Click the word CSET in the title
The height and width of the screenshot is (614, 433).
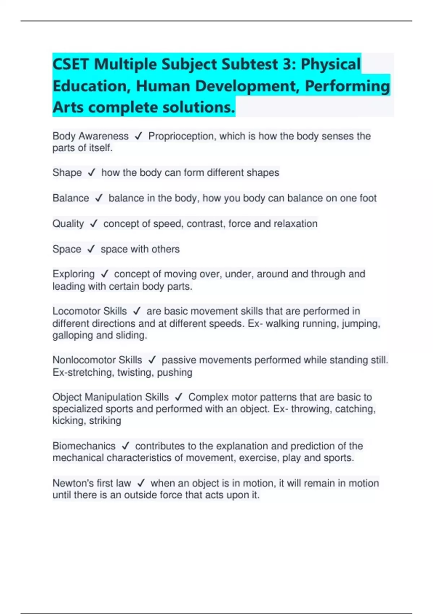click(71, 64)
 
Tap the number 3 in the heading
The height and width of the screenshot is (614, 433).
click(287, 64)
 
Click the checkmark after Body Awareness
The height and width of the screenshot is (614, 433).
click(138, 136)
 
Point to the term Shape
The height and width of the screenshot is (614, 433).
click(67, 173)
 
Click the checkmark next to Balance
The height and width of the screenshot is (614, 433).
click(99, 198)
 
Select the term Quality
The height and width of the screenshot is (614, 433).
click(68, 224)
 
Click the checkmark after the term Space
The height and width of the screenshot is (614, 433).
click(91, 249)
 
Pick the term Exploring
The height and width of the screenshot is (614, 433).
click(74, 274)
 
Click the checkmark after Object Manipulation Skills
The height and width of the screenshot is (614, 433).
click(179, 397)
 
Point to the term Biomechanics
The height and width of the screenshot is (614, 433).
click(84, 446)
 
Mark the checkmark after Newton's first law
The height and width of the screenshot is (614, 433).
click(141, 483)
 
